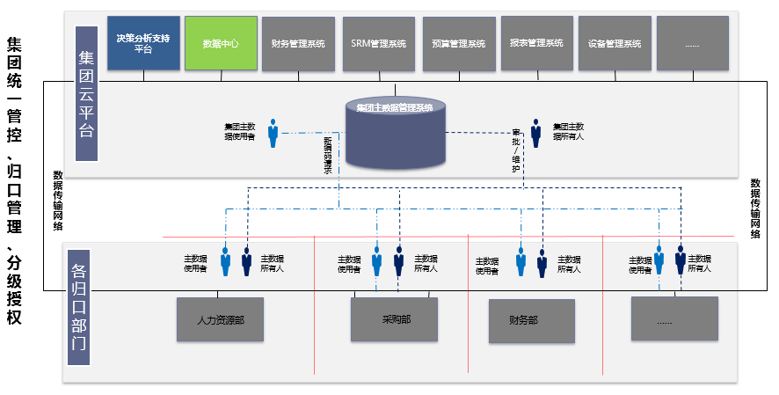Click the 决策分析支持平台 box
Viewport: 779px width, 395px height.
[143, 42]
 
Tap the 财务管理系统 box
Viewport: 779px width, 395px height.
[298, 43]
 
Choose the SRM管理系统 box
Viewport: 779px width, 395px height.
[378, 43]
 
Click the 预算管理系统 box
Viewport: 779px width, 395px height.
[459, 43]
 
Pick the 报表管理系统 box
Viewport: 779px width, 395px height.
[538, 43]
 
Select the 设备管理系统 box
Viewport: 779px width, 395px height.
[615, 43]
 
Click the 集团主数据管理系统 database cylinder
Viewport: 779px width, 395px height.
[395, 133]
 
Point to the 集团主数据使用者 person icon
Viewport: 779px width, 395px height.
[273, 133]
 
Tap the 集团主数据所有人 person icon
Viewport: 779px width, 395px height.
[535, 133]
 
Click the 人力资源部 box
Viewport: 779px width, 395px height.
[220, 319]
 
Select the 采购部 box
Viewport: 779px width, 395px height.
[394, 319]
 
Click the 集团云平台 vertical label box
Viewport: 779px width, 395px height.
[86, 93]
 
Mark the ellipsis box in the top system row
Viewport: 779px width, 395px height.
[692, 43]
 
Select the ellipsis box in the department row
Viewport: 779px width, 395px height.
[674, 319]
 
